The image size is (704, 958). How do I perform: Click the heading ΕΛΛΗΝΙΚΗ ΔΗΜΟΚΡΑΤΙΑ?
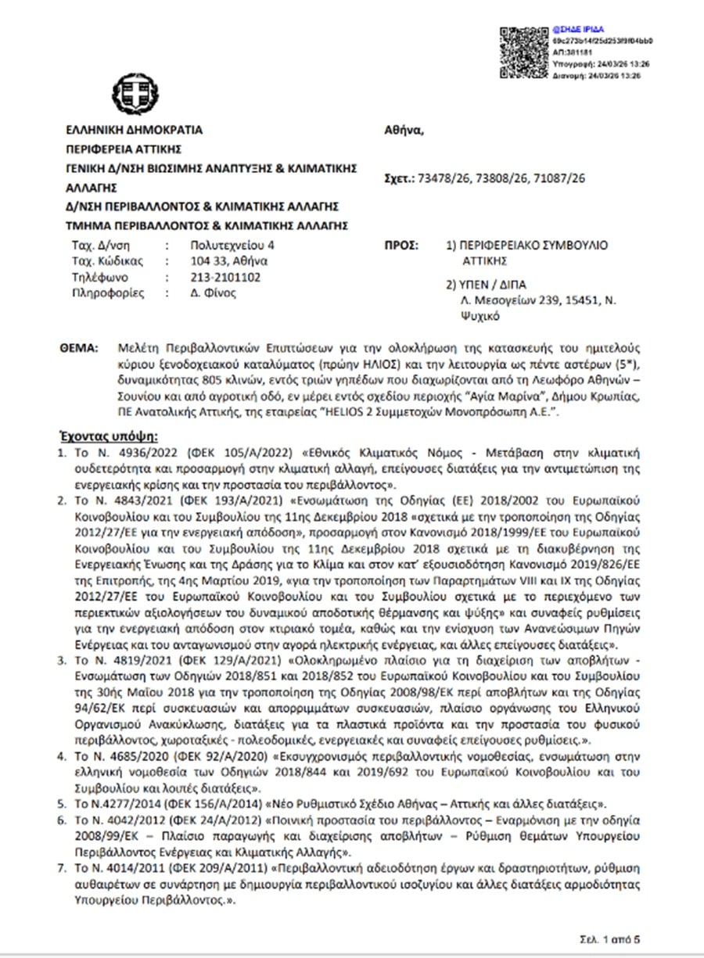pos(134,131)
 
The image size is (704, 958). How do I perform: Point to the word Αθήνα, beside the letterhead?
pos(404,130)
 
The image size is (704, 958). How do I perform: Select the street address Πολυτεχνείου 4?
pos(228,246)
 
